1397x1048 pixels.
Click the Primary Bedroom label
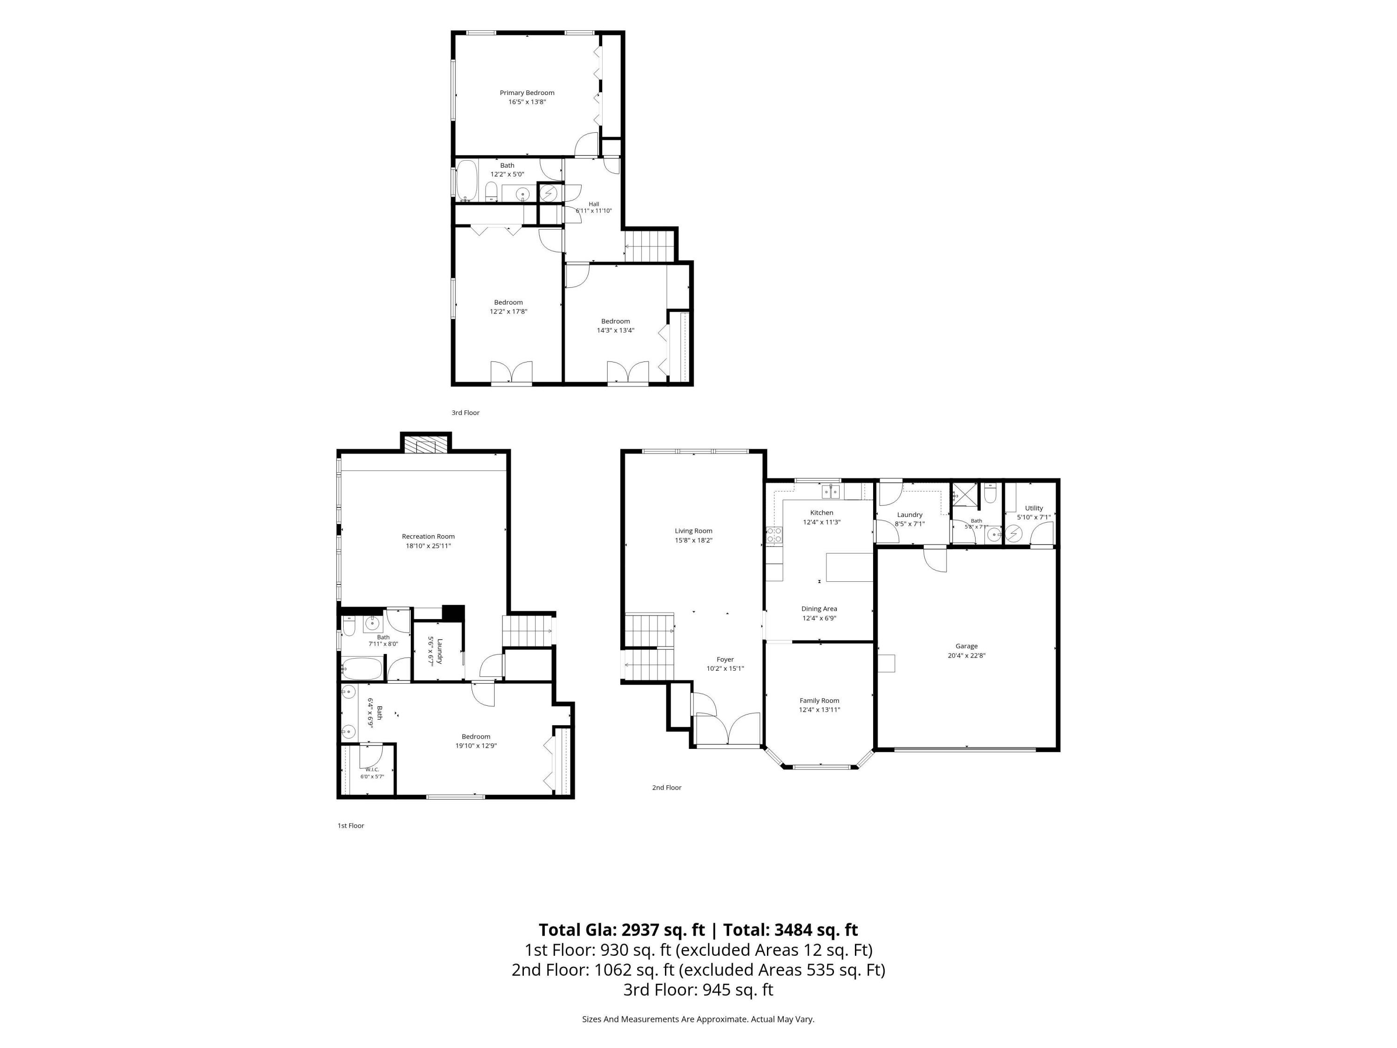(527, 93)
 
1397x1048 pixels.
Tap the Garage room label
(966, 646)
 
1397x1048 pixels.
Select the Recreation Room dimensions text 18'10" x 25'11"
(428, 546)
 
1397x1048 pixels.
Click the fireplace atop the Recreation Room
(426, 445)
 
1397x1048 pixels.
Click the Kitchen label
(821, 513)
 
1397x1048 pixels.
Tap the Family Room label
(819, 701)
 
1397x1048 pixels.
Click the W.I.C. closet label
(372, 769)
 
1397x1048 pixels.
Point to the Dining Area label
(819, 609)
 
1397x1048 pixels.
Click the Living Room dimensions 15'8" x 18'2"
(693, 540)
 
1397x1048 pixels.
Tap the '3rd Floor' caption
(466, 413)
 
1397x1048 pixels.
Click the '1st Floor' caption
(351, 826)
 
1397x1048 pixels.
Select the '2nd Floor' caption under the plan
(667, 788)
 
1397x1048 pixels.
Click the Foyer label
(725, 660)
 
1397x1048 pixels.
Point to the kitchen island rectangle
(850, 567)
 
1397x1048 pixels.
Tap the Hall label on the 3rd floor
(594, 204)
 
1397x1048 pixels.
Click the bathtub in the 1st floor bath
(362, 669)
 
